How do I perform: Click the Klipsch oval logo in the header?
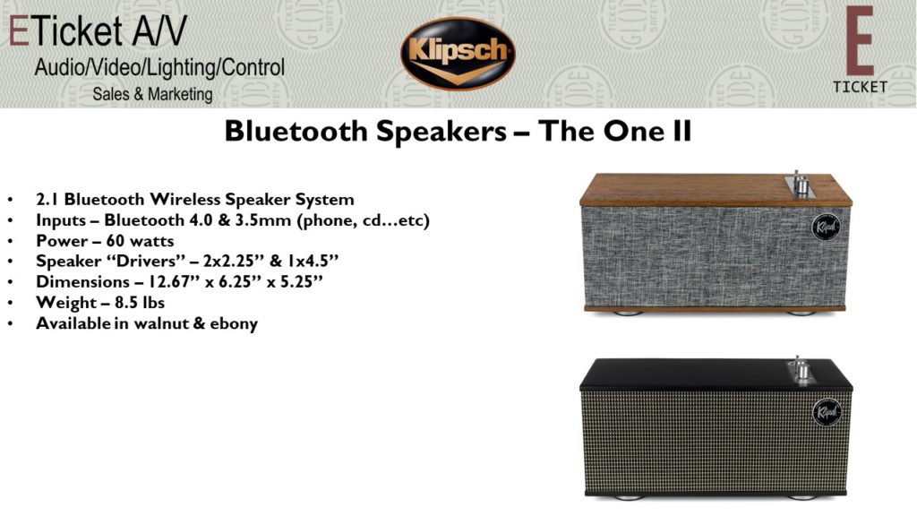pyautogui.click(x=458, y=54)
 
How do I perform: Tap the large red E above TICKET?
pyautogui.click(x=860, y=40)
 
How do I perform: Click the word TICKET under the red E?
pyautogui.click(x=860, y=87)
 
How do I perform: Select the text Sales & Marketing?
pyautogui.click(x=152, y=93)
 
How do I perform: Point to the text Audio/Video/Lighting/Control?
pyautogui.click(x=159, y=67)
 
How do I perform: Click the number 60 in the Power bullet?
pyautogui.click(x=116, y=241)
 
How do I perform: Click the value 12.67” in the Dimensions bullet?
pyautogui.click(x=173, y=282)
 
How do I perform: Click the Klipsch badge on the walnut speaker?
pyautogui.click(x=826, y=227)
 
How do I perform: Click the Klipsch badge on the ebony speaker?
pyautogui.click(x=827, y=412)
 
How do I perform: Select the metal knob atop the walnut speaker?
pyautogui.click(x=800, y=185)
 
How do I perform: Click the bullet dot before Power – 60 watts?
pyautogui.click(x=11, y=242)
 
